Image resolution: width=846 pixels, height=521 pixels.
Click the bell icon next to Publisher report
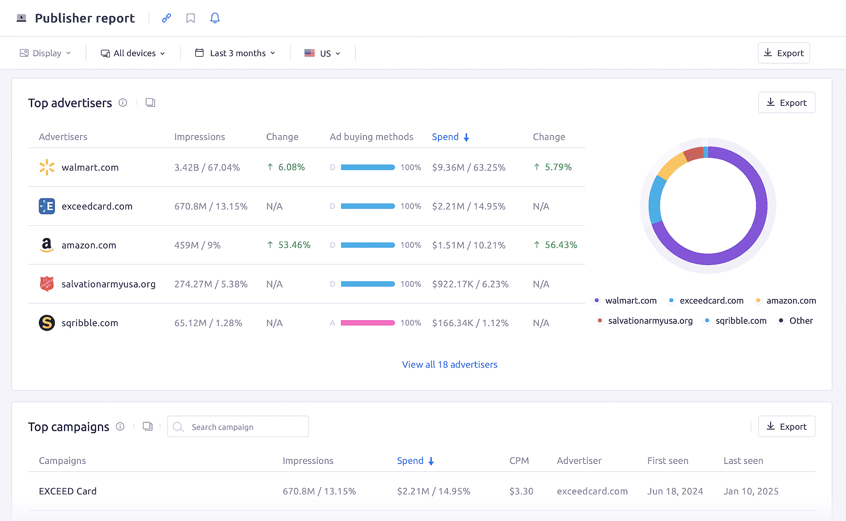pyautogui.click(x=215, y=18)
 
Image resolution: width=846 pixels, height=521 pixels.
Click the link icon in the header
pyautogui.click(x=166, y=18)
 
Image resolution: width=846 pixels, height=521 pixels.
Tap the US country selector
pyautogui.click(x=322, y=53)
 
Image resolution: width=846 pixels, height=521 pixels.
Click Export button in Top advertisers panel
pyautogui.click(x=786, y=103)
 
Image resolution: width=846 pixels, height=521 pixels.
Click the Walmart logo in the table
pyautogui.click(x=47, y=168)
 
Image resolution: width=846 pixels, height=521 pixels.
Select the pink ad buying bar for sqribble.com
pyautogui.click(x=368, y=323)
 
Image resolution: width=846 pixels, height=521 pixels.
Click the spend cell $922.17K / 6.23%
pyautogui.click(x=470, y=284)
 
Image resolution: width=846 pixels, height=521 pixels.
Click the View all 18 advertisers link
pyautogui.click(x=450, y=365)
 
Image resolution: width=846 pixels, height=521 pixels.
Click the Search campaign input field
pyautogui.click(x=242, y=427)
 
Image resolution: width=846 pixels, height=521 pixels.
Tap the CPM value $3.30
pyautogui.click(x=521, y=491)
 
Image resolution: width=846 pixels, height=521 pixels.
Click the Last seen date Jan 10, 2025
pyautogui.click(x=751, y=491)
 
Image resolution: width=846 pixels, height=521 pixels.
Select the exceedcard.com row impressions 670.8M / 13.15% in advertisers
pyautogui.click(x=210, y=206)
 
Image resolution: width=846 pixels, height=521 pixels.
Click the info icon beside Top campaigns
pyautogui.click(x=120, y=427)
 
